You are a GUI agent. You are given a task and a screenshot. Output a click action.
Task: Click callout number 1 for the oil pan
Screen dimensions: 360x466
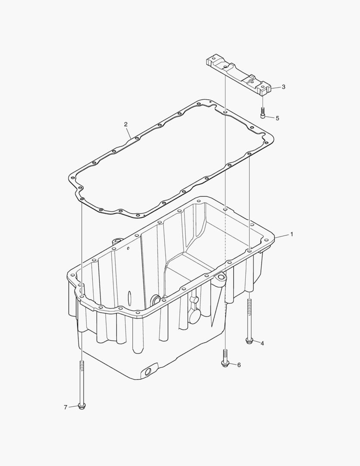pyautogui.click(x=291, y=234)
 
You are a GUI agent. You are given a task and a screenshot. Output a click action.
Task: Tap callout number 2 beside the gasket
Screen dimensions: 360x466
pyautogui.click(x=125, y=124)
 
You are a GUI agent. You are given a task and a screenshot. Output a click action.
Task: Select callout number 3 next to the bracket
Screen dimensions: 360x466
pyautogui.click(x=283, y=87)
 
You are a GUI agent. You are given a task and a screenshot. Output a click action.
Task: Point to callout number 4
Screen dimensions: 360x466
pyautogui.click(x=262, y=343)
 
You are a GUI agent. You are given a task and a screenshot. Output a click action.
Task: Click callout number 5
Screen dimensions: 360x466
pyautogui.click(x=277, y=118)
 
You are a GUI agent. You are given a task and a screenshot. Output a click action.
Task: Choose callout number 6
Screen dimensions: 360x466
pyautogui.click(x=239, y=365)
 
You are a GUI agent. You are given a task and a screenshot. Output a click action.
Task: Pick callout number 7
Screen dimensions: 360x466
pyautogui.click(x=66, y=407)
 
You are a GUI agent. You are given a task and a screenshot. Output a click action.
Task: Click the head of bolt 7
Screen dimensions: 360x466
pyautogui.click(x=81, y=406)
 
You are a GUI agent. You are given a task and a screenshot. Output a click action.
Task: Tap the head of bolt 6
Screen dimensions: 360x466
pyautogui.click(x=225, y=363)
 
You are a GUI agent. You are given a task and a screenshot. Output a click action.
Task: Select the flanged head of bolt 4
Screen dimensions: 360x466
pyautogui.click(x=249, y=340)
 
